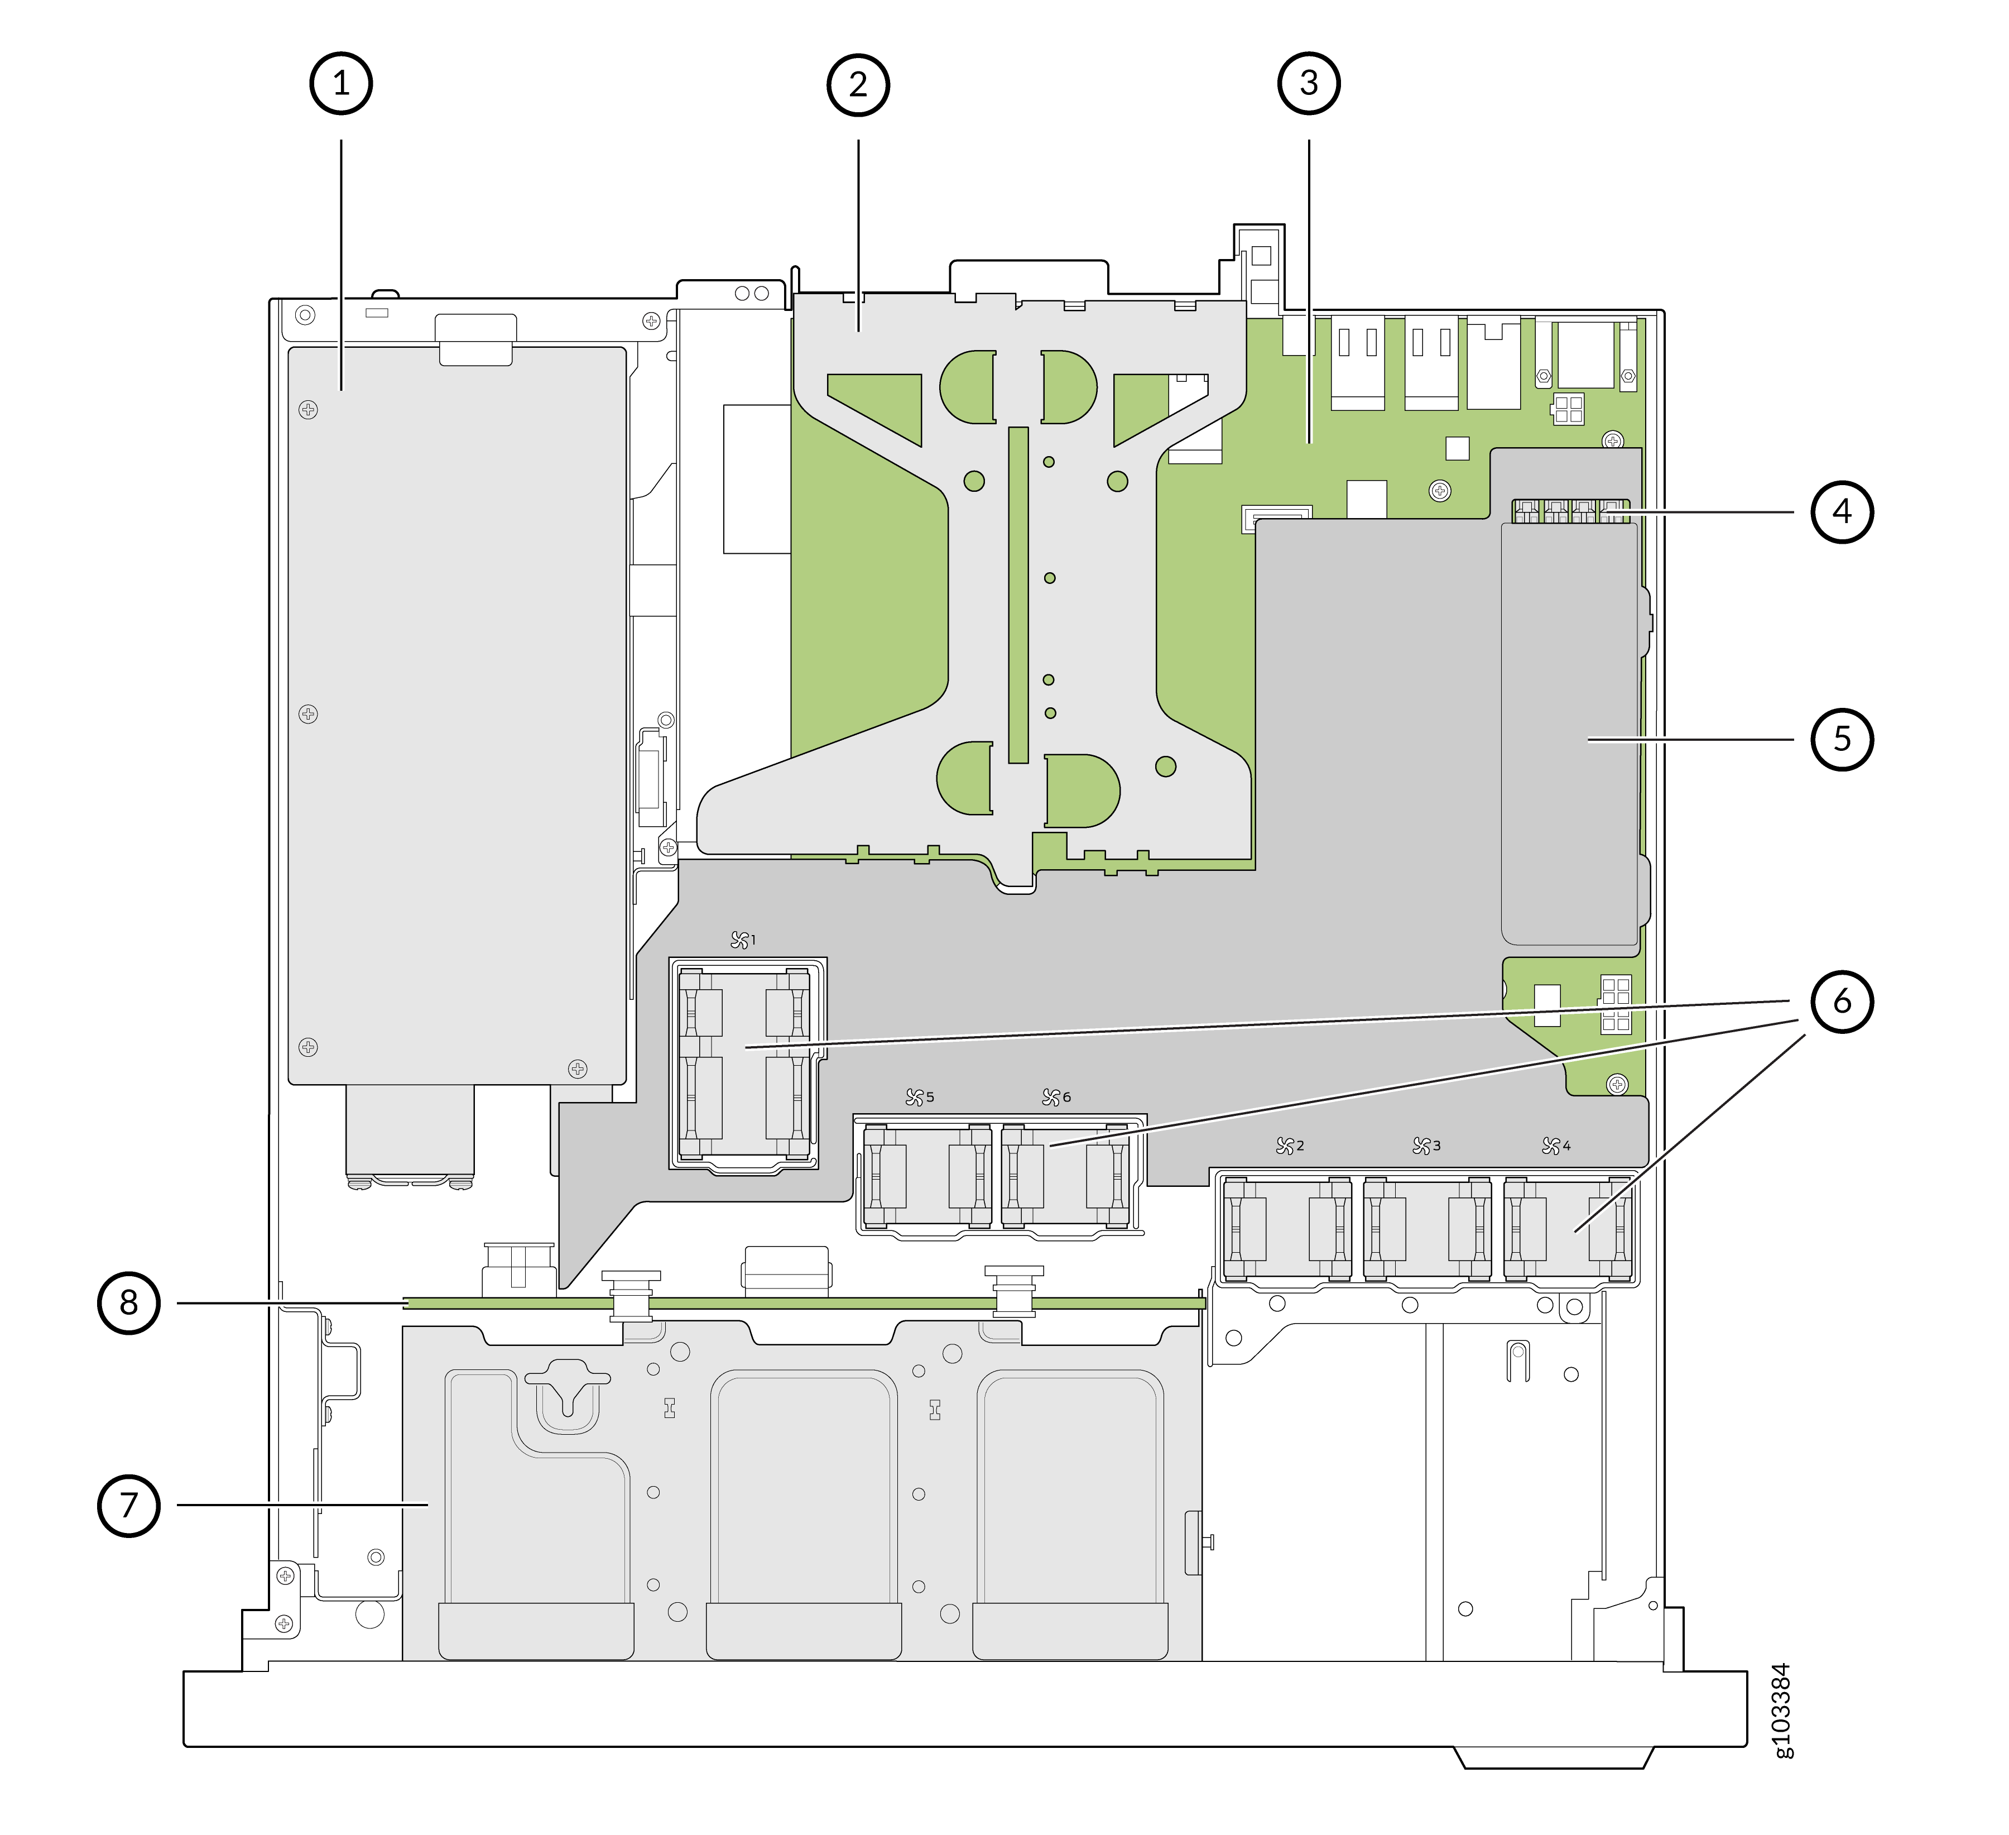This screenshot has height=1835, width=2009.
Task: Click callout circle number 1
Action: tap(341, 84)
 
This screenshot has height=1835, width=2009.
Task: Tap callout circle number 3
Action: tap(1309, 84)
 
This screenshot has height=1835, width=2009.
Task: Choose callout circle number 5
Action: tap(1842, 740)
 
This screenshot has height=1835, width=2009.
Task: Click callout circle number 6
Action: tap(1842, 1001)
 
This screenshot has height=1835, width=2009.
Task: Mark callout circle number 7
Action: tap(128, 1505)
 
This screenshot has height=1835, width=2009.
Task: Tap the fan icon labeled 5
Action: tap(915, 1098)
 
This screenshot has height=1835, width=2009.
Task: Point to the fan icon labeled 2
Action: tap(1286, 1146)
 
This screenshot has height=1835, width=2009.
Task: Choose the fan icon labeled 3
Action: tap(1422, 1146)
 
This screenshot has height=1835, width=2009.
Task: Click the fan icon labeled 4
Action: tap(1551, 1146)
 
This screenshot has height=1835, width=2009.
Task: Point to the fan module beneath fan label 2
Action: tap(1286, 1229)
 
